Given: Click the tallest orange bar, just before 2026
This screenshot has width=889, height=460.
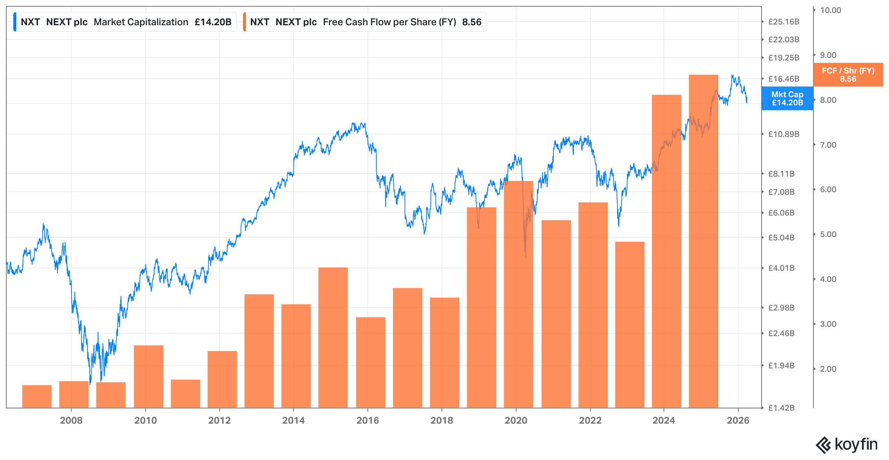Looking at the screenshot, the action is click(703, 241).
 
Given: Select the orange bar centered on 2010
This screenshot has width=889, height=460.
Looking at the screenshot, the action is click(149, 377).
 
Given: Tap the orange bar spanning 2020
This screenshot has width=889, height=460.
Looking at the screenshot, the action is click(519, 295).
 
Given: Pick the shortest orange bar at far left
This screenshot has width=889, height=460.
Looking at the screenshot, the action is click(37, 397).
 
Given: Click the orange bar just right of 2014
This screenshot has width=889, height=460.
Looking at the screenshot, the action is click(333, 338).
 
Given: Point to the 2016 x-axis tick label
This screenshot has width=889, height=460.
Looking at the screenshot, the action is click(367, 420).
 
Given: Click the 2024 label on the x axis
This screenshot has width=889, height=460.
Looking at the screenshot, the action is click(664, 420).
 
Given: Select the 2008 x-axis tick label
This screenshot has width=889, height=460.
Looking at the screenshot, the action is click(71, 420).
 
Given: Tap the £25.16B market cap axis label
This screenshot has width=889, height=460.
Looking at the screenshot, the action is click(784, 22).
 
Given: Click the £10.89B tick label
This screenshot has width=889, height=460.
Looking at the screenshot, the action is click(784, 134).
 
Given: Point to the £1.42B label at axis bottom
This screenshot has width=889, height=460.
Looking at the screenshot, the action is click(782, 408).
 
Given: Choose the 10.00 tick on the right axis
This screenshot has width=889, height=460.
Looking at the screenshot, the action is click(830, 10).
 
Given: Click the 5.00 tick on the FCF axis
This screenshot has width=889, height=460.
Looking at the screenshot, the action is click(828, 234).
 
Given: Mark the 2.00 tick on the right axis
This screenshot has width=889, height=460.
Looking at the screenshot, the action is click(828, 369).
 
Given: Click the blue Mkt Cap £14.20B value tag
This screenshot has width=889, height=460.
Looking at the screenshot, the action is click(788, 98).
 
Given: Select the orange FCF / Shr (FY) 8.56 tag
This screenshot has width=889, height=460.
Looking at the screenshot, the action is click(848, 75).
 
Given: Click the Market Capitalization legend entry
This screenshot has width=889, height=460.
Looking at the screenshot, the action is click(125, 22).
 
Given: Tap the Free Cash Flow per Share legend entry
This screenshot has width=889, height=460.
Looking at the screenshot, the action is click(364, 22).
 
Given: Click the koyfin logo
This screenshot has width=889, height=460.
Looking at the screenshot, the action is click(847, 444).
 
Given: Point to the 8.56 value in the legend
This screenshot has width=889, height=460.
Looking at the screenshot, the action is click(472, 22).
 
